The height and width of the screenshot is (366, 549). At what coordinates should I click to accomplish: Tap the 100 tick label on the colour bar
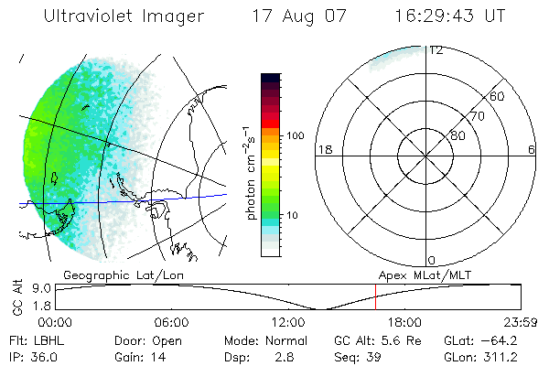tap(294, 135)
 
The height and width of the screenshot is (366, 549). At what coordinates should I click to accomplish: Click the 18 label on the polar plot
tap(323, 149)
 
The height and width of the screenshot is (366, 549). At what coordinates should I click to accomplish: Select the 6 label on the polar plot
tap(532, 149)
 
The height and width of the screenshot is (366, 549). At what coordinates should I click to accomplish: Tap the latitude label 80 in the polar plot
tap(457, 135)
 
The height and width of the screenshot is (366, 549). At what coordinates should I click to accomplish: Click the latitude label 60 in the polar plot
tap(498, 96)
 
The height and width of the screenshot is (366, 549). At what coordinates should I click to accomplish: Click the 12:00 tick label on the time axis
tap(288, 322)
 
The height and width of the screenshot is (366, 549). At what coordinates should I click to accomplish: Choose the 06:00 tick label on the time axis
tap(172, 322)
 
